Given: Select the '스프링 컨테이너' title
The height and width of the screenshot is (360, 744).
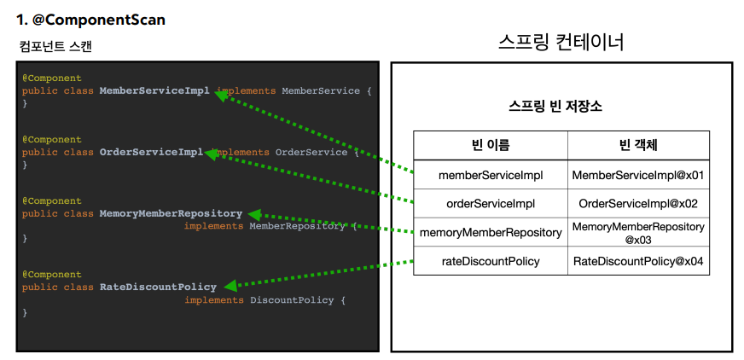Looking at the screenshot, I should coord(561,42).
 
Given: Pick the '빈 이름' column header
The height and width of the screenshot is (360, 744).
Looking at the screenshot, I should coord(490,145).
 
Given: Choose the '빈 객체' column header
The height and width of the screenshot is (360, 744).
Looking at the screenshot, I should coord(637,145).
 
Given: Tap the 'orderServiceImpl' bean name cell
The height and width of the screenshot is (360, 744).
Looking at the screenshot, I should coord(490,203).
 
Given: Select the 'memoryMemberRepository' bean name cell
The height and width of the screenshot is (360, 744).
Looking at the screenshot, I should coord(490,232).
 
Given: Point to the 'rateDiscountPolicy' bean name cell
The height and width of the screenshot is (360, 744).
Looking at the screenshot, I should coord(490,261).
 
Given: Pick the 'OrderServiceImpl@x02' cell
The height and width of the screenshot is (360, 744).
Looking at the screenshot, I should coord(638,203).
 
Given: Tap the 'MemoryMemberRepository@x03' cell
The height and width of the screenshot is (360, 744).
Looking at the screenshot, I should coord(638,232).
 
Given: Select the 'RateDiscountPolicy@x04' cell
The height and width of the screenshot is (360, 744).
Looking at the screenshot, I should coord(638,261).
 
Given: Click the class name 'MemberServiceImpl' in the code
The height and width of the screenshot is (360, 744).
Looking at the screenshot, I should coord(154,90).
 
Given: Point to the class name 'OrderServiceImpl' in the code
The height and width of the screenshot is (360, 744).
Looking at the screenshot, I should coord(151,152).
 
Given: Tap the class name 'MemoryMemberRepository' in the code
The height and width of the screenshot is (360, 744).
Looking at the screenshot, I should coord(171,213).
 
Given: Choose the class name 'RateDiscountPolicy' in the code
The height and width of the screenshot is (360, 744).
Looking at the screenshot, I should coord(158,287).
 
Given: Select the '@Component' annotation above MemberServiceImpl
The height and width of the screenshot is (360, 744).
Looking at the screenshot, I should coord(51,78).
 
